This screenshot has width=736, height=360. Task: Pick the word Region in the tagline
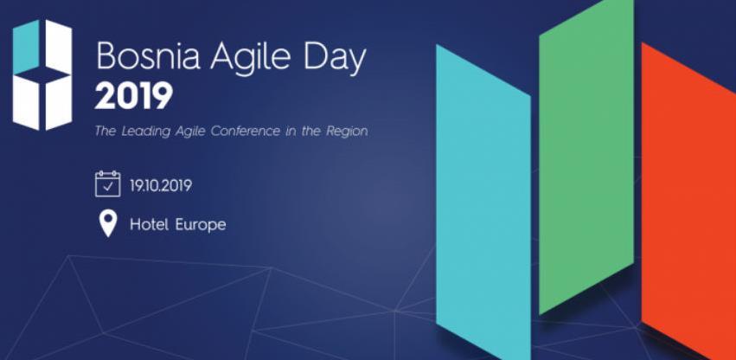click(x=345, y=132)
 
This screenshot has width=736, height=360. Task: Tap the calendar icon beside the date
click(x=107, y=184)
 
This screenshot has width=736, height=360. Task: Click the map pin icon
click(x=107, y=224)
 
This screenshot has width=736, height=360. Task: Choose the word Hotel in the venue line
click(x=148, y=225)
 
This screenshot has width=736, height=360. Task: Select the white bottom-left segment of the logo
click(x=26, y=101)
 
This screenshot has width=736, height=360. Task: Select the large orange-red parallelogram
click(x=688, y=208)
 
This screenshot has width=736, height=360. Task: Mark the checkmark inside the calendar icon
click(x=107, y=187)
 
